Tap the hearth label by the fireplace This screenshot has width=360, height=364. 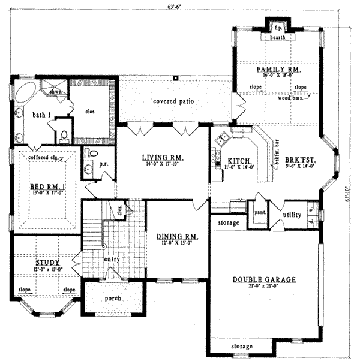click(277, 37)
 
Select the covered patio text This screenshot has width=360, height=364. click(173, 101)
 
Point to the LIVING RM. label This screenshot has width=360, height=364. click(163, 158)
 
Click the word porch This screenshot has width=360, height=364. click(112, 298)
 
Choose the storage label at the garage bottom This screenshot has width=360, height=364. click(242, 347)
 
